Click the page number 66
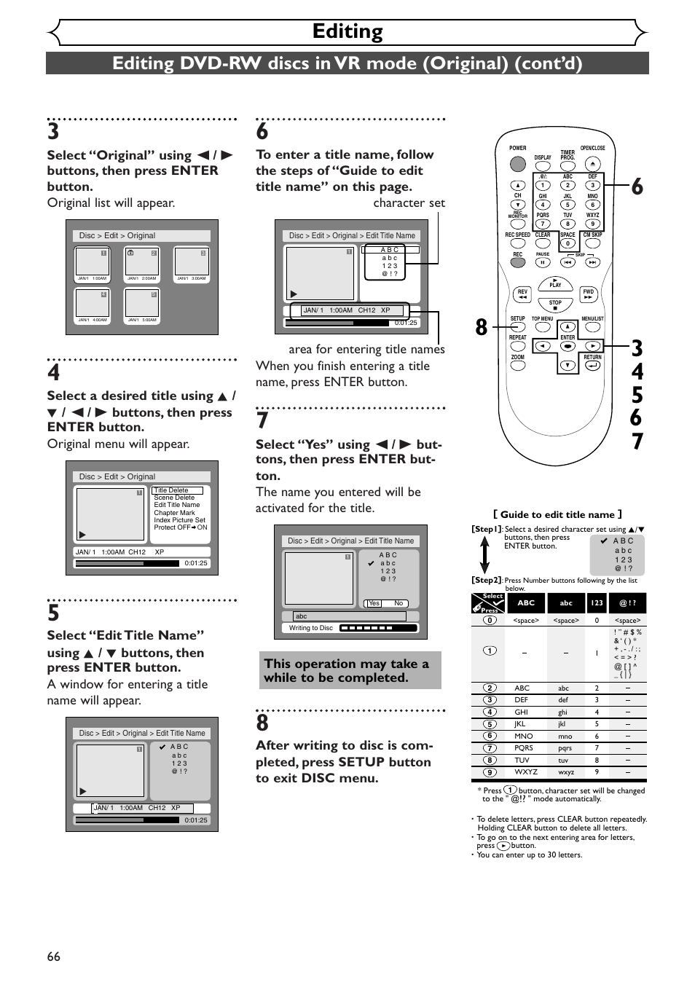(x=53, y=957)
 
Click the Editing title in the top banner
(x=347, y=31)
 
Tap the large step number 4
(x=54, y=373)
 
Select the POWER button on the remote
(x=517, y=162)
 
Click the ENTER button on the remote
(x=568, y=346)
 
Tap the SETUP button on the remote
(x=517, y=327)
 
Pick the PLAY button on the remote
(x=555, y=285)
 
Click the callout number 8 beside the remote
(x=481, y=327)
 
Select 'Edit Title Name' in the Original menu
(x=176, y=505)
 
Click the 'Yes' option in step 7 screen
(x=374, y=603)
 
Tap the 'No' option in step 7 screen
(x=398, y=603)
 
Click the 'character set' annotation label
(x=409, y=203)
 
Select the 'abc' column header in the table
(x=566, y=603)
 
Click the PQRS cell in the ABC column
(x=523, y=748)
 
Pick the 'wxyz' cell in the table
(x=566, y=772)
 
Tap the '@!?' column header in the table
(x=627, y=603)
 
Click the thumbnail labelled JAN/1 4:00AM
(x=93, y=303)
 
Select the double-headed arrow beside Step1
(x=484, y=554)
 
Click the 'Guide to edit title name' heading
(x=557, y=514)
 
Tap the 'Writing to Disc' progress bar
(x=377, y=628)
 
